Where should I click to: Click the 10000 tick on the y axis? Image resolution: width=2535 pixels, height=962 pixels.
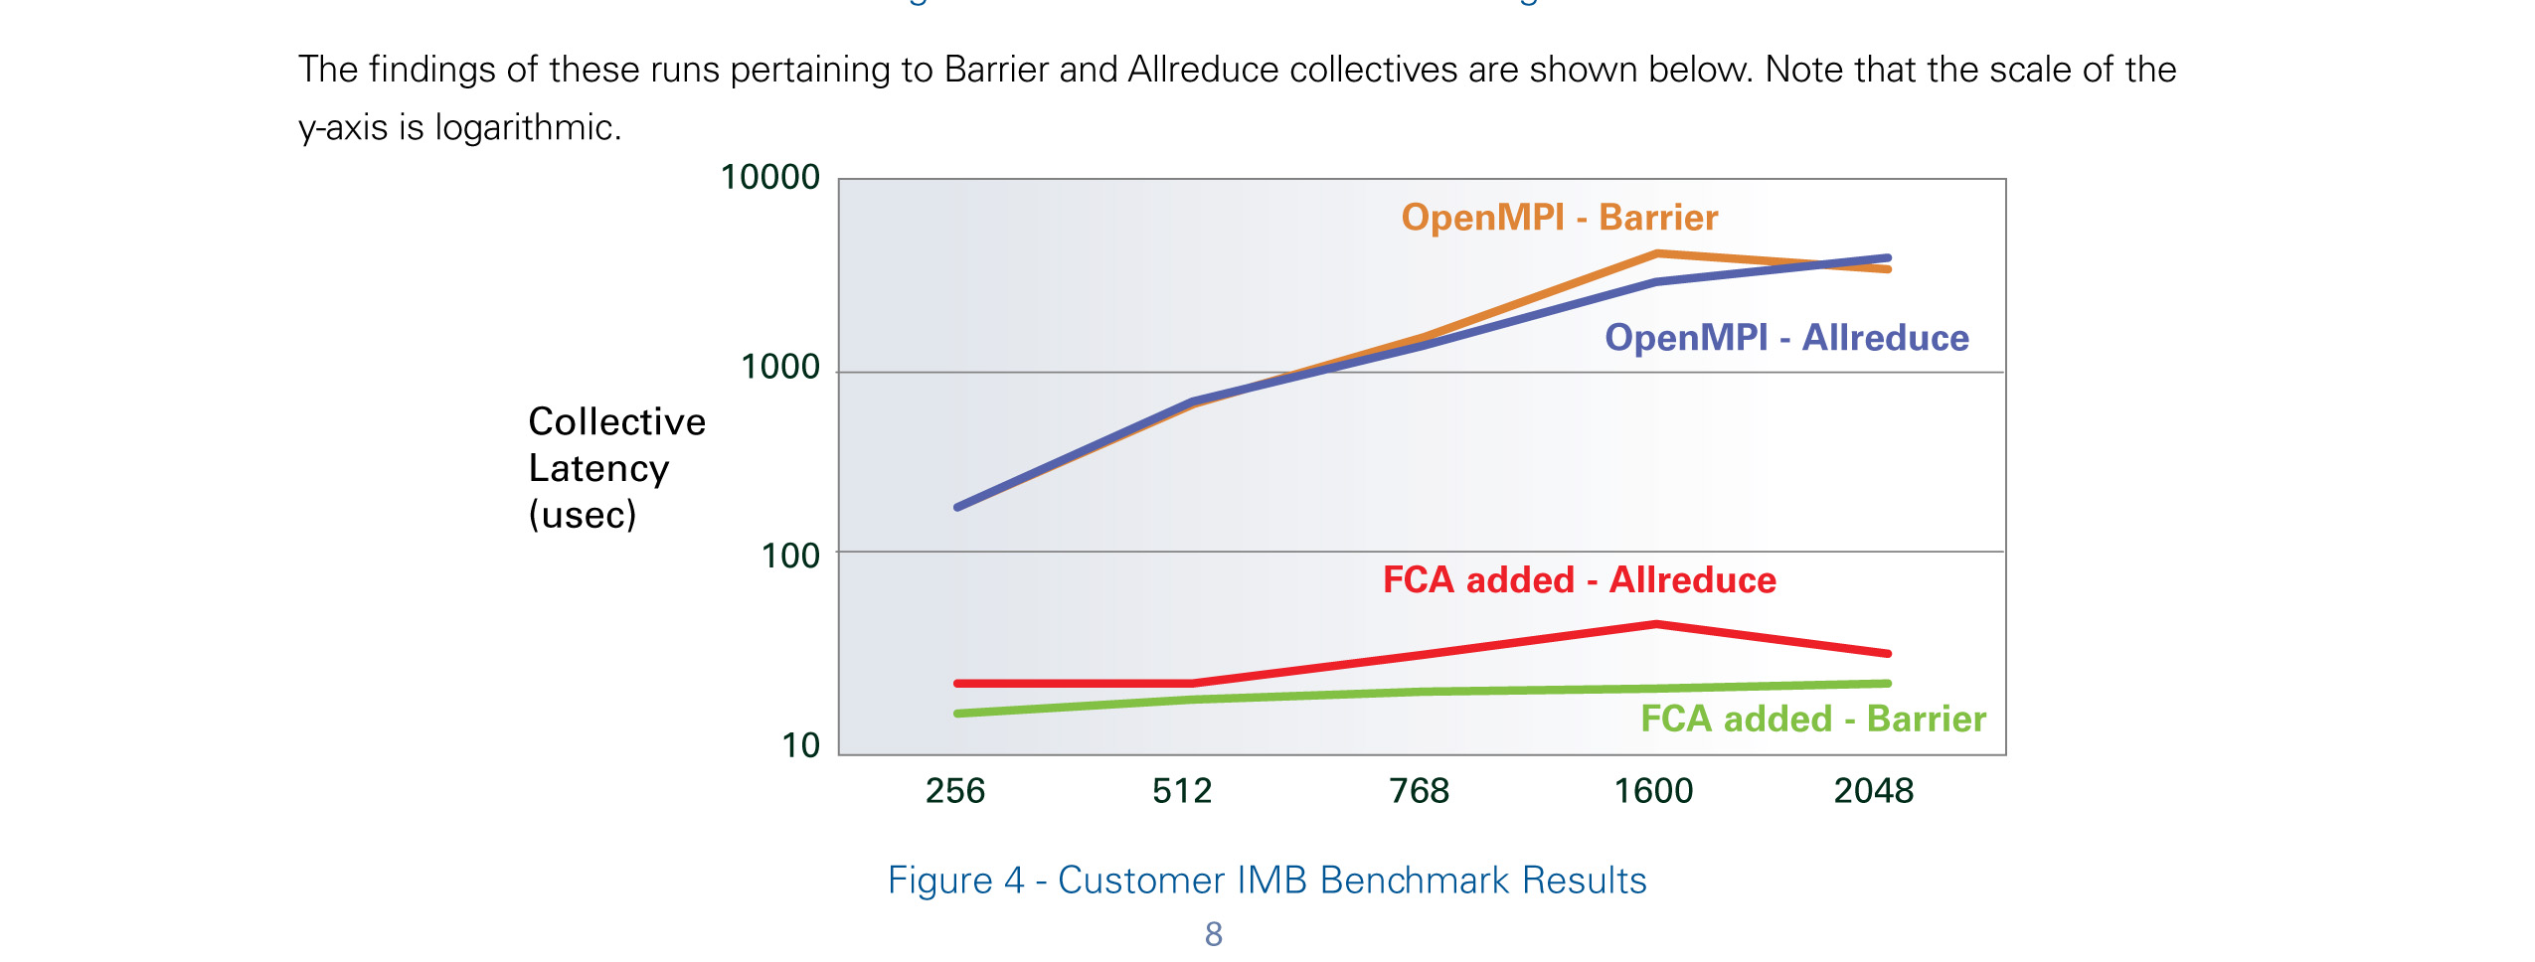pos(769,178)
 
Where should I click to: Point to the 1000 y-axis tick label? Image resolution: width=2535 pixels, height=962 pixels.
pos(780,368)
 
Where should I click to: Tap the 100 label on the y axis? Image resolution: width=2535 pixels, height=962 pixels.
pos(790,556)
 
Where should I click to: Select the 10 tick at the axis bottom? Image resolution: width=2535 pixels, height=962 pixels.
pos(800,745)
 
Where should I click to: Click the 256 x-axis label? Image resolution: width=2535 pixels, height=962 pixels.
pos(954,791)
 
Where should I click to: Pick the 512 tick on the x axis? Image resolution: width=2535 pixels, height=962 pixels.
pos(1182,791)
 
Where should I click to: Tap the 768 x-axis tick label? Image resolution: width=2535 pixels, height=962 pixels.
pos(1419,791)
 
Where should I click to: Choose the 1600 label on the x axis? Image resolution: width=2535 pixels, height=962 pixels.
pos(1653,791)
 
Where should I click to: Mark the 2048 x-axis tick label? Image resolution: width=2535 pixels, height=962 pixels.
pos(1873,791)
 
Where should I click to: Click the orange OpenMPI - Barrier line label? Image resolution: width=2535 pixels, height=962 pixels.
pos(1559,218)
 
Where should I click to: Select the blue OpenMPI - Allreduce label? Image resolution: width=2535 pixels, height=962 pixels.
pos(1786,338)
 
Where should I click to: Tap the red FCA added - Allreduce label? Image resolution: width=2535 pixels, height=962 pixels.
pos(1579,580)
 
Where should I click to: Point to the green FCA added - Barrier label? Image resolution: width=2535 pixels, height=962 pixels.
pos(1812,719)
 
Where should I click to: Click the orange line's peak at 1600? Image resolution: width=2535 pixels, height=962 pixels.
pos(1656,254)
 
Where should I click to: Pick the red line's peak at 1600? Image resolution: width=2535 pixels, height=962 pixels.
pos(1656,624)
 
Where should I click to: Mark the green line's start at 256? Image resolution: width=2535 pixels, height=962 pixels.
pos(957,714)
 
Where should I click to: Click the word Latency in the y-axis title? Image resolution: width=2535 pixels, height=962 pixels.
pos(598,468)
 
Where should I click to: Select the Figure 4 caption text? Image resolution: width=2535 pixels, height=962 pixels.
pos(1267,881)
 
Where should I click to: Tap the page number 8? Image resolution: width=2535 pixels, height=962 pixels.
pos(1213,934)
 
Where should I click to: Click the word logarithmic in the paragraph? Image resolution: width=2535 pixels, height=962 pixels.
pos(527,128)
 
